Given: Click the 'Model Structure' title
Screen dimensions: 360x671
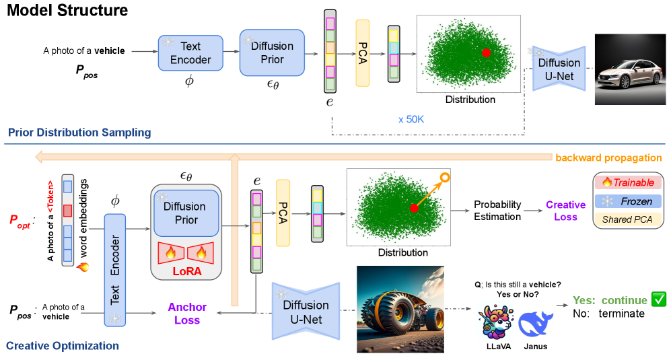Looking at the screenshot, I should point(67,11).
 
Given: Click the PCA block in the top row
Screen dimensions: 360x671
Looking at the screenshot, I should point(363,53).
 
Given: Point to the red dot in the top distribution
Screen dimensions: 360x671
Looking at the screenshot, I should point(486,52).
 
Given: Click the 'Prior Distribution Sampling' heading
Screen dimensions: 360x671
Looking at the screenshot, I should point(79,133).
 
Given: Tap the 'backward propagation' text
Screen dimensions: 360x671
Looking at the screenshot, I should point(608,157).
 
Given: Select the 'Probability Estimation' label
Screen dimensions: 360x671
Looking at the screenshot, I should point(497,211).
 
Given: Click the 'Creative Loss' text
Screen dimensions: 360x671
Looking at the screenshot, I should point(565,211).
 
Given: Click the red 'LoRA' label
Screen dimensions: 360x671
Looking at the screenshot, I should point(186,271).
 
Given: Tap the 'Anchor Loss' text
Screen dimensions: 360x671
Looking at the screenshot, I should point(187,314).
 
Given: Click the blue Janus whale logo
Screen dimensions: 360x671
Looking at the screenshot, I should point(536,321).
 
